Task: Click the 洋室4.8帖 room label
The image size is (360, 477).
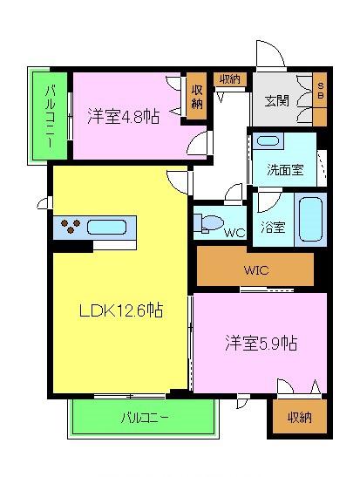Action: tap(123, 116)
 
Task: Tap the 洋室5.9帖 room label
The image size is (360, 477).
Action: tap(260, 343)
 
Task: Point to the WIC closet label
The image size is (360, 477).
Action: tap(257, 269)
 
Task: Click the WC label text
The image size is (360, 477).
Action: tap(233, 233)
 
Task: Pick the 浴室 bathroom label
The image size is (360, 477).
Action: tap(273, 227)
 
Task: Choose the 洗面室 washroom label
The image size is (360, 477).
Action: tap(285, 170)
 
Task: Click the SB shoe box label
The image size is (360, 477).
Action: tap(321, 90)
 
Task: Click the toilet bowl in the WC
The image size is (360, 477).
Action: tap(210, 223)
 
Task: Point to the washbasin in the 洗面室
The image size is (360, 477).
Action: tap(268, 141)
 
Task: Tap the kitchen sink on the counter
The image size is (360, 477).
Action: tap(106, 228)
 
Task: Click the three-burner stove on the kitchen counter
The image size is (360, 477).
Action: tap(71, 228)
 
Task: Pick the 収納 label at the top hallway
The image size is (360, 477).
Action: tap(229, 78)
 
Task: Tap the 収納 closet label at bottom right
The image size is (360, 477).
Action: tap(300, 417)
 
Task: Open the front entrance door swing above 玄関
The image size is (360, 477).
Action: tap(270, 54)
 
